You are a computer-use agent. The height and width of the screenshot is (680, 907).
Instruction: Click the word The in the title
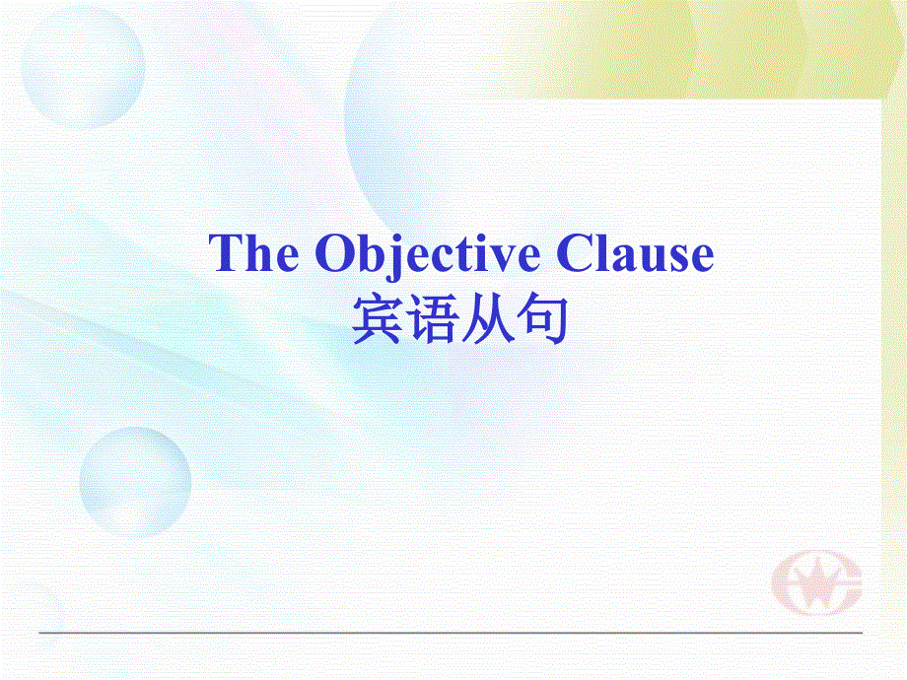pos(253,255)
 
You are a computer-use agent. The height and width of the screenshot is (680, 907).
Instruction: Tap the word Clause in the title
pos(635,255)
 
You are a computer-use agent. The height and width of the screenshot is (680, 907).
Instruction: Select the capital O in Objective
pos(335,255)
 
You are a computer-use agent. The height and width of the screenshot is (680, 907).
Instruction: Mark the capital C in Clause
pos(576,255)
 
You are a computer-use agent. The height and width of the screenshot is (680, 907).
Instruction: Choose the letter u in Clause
pos(651,259)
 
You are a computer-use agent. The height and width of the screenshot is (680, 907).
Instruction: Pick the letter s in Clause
pos(676,259)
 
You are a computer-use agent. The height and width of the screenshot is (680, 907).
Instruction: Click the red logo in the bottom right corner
pos(816,588)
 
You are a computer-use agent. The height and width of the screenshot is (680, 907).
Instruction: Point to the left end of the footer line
pos(41,632)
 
